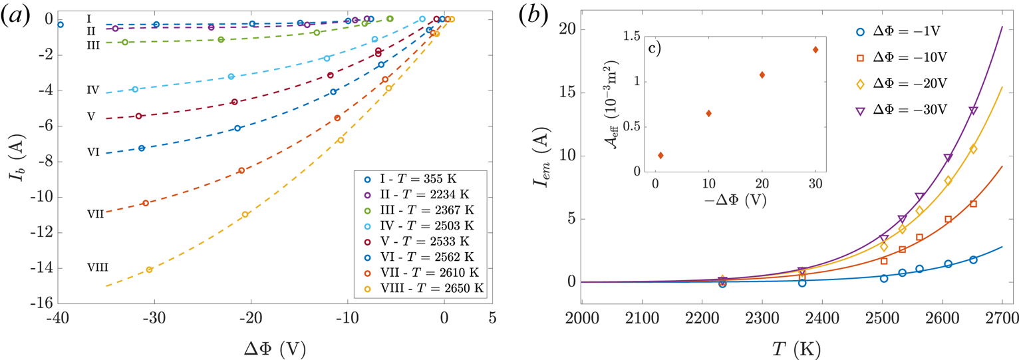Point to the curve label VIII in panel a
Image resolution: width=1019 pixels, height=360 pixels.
click(98, 268)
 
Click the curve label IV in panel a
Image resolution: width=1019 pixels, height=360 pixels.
click(93, 89)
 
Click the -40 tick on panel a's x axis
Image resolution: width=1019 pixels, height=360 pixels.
click(57, 318)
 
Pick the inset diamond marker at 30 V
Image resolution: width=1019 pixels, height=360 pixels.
click(815, 50)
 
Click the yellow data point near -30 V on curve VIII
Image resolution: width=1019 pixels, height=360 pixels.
click(150, 270)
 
